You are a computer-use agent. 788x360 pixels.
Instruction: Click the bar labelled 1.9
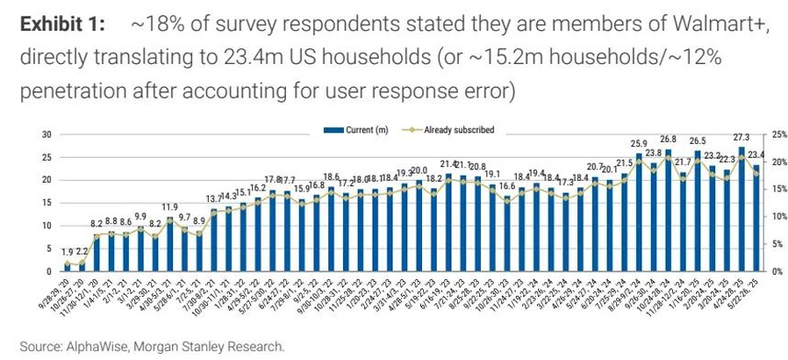68,267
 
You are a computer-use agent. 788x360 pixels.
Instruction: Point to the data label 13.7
214,199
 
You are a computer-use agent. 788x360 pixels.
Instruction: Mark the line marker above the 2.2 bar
82,263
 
